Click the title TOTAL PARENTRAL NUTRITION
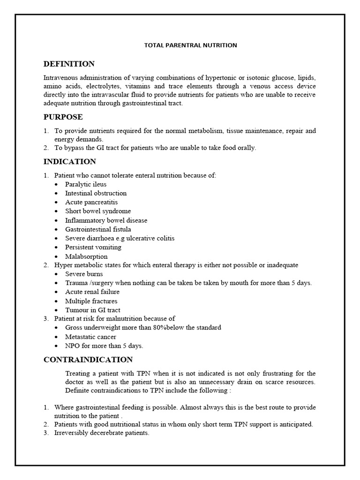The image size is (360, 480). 190,45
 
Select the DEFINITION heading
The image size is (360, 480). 69,64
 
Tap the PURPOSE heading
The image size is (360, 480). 63,117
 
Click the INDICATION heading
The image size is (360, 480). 70,162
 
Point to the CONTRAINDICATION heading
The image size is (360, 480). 88,360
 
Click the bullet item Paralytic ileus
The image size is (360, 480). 86,184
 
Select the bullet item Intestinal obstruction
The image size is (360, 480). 96,193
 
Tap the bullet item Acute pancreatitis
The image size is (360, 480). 91,202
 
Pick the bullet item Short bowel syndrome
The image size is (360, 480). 98,211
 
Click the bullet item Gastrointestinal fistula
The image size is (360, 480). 98,229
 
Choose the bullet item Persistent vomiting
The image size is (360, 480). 93,247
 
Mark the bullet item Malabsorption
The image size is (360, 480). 86,256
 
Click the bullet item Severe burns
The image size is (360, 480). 84,274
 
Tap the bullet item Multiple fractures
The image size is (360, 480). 91,301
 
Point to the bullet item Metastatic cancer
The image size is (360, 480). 90,337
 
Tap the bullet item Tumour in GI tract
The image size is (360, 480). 92,310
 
